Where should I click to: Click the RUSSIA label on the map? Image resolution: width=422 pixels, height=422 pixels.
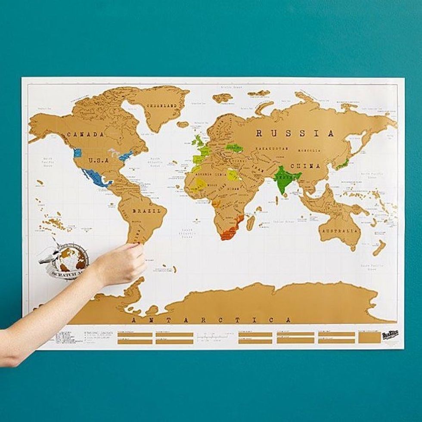point(295,133)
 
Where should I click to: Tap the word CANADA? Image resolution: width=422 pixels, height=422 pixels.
point(85,135)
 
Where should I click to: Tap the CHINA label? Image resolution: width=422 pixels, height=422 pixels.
point(305,166)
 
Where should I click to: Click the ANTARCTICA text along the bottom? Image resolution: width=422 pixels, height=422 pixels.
point(211,320)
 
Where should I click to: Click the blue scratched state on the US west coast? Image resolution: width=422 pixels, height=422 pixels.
point(78,153)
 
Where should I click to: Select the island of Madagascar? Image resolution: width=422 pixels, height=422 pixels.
point(250,222)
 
